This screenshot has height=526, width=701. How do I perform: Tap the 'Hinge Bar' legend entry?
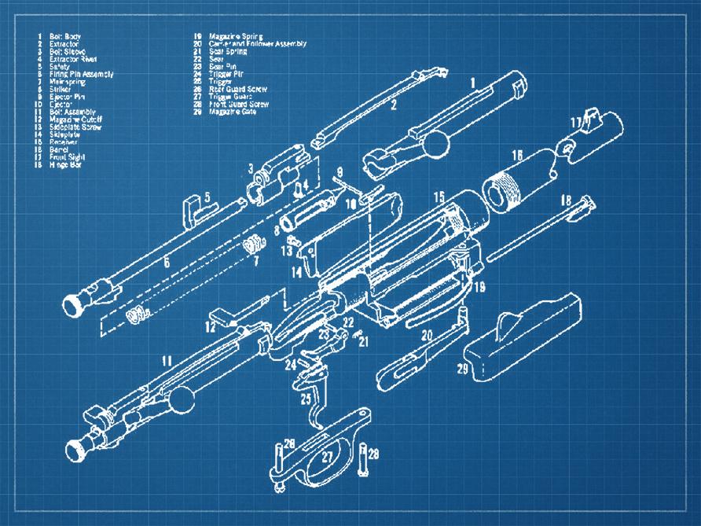coord(63,164)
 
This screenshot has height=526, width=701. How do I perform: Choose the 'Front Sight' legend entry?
coord(66,156)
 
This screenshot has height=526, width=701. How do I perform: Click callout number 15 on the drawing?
coord(439,196)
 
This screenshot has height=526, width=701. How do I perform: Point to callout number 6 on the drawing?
coord(167,263)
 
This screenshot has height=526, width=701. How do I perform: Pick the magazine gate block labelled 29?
coord(523,342)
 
